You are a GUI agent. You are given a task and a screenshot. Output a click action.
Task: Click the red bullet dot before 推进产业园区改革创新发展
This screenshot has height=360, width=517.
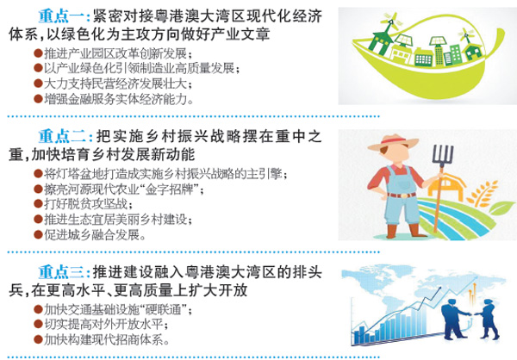38,53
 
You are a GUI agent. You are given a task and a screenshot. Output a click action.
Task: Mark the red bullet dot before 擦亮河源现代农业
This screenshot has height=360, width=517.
38,189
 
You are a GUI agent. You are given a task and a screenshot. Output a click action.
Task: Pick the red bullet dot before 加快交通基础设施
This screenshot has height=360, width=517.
38,309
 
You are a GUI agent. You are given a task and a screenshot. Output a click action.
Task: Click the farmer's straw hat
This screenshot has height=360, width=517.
393,143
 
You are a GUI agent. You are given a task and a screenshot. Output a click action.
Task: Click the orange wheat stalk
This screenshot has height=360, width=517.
483,194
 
